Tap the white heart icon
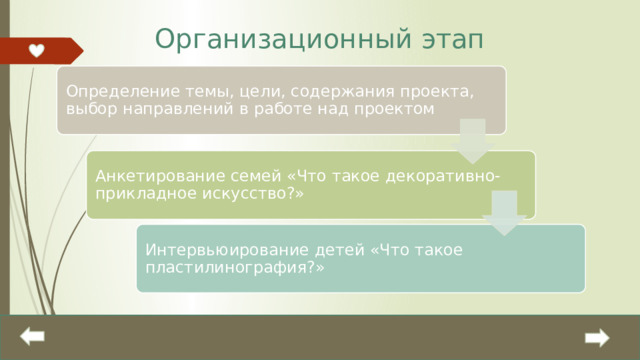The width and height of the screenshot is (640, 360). coord(36,50)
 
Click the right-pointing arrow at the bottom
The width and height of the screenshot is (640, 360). coord(597,339)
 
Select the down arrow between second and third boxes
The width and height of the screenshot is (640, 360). coord(505,213)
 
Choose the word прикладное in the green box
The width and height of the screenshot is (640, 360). coord(134,195)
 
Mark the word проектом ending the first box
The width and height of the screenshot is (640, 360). coord(401,109)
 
